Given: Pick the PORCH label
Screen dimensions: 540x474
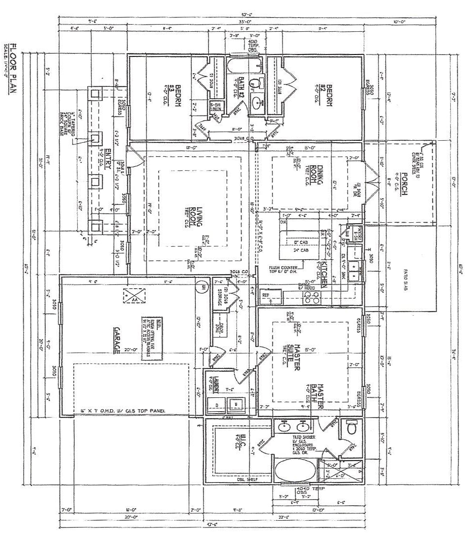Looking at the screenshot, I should point(405,181).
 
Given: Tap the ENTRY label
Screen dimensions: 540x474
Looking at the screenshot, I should point(108,158).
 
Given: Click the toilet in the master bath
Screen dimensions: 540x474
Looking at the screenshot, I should point(351,427).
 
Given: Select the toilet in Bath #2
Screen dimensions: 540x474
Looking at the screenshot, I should point(257,82).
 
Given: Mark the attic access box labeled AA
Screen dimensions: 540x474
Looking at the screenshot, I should point(131,295).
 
